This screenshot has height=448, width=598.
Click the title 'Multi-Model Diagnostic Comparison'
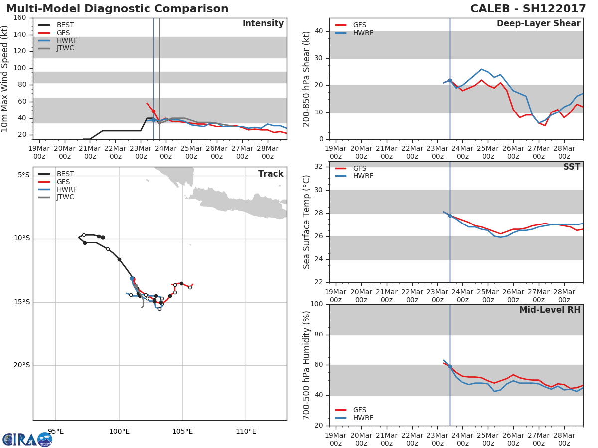coord(117,9)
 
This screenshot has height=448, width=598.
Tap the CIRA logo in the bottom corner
coord(27,439)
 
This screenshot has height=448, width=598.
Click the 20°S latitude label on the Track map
coord(21,365)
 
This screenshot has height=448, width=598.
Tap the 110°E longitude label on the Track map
coord(246,431)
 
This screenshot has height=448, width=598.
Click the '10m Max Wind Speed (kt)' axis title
coord(5,79)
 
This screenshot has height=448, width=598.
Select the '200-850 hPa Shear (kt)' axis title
coord(307,79)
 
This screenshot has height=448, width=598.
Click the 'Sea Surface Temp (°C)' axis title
coord(307,222)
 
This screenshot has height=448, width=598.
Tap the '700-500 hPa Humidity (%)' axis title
coord(307,365)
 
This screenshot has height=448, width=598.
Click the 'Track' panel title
coord(271,174)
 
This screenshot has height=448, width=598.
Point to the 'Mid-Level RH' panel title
coord(550,310)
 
